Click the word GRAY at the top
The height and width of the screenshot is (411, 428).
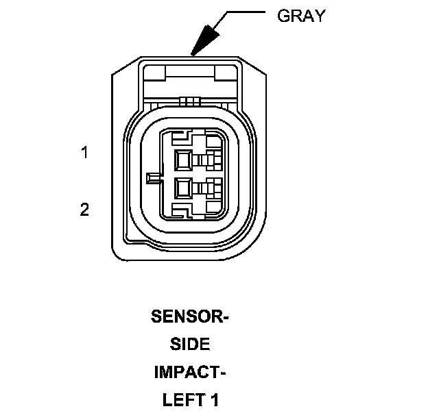(300, 16)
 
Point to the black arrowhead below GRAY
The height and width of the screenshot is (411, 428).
(204, 42)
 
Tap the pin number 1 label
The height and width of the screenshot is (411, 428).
(84, 153)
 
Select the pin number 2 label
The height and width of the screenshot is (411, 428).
(84, 209)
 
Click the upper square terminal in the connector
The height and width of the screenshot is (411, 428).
(183, 160)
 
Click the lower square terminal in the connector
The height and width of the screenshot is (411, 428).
(183, 186)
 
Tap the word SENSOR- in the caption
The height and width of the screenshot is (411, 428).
(189, 317)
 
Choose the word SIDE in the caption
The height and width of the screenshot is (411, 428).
(190, 345)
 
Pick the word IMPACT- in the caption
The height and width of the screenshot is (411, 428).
(190, 373)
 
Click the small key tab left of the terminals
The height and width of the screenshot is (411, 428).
(154, 178)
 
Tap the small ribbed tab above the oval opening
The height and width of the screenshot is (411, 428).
(189, 101)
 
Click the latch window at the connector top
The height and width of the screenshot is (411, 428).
(189, 78)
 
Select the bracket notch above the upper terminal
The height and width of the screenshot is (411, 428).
(182, 139)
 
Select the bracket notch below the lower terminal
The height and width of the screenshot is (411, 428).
(182, 208)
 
